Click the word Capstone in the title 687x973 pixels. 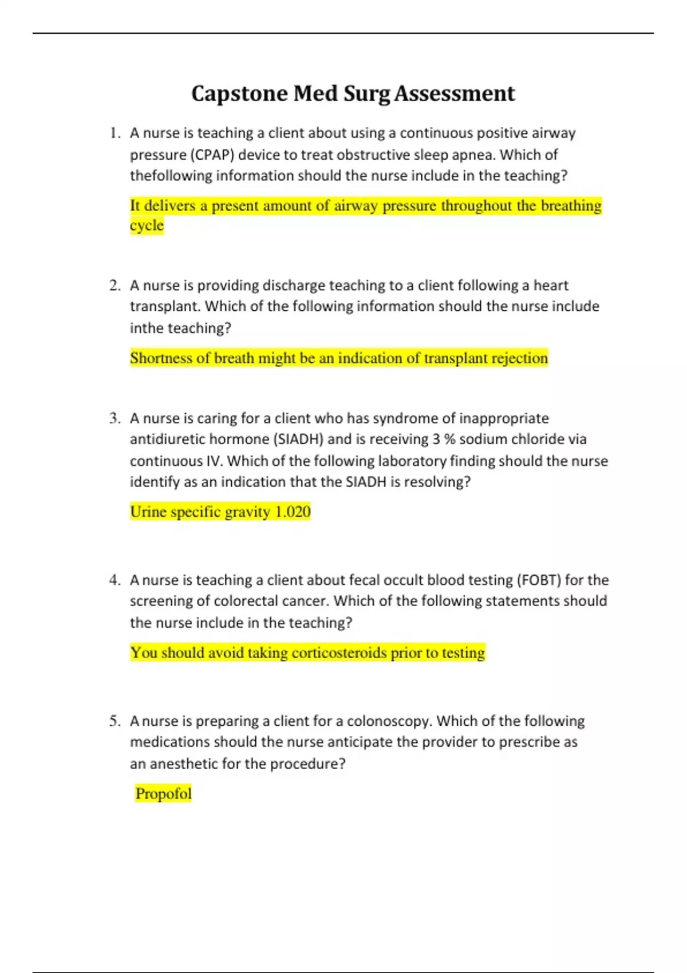[240, 94]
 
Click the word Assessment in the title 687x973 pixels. [455, 94]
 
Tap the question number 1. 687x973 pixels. [115, 133]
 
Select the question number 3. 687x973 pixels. [115, 418]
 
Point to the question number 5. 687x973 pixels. [115, 721]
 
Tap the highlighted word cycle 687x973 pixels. [147, 226]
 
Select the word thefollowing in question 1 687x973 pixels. [171, 176]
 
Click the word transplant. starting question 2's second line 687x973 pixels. [165, 306]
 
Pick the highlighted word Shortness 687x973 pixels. [161, 358]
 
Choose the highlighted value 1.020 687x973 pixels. [293, 512]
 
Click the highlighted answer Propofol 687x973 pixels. [163, 794]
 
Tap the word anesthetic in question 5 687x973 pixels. [185, 764]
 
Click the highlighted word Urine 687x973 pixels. [148, 512]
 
